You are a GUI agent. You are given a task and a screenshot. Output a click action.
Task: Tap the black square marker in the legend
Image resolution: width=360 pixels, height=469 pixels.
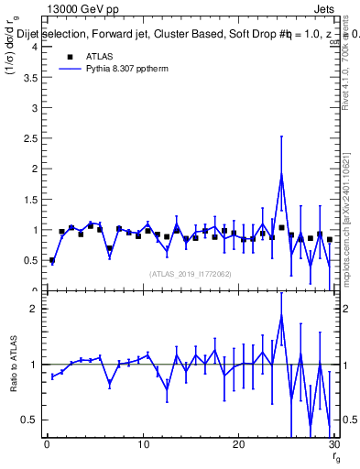coord(70,56)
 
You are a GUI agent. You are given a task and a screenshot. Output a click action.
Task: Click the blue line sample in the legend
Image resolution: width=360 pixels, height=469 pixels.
coord(70,68)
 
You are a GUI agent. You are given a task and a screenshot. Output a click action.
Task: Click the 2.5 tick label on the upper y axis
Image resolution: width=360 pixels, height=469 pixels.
coord(29,138)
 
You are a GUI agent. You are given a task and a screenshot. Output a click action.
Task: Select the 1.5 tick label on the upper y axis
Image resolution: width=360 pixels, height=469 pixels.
coord(29,199)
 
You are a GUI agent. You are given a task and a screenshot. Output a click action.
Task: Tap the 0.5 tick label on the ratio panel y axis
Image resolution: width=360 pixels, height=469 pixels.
coord(29,420)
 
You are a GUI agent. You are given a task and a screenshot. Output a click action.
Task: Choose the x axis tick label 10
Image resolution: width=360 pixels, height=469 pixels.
coord(142,445)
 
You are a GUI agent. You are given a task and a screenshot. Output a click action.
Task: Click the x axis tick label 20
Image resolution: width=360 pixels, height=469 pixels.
coord(238,445)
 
